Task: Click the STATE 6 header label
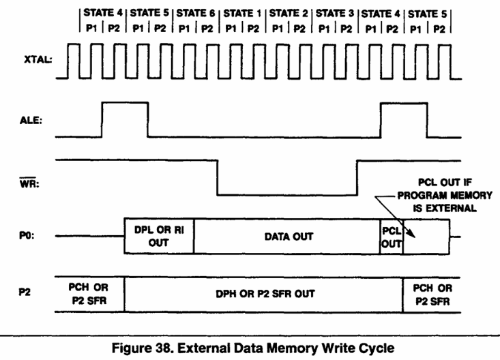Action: pyautogui.click(x=196, y=13)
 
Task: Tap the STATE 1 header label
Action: pyautogui.click(x=242, y=14)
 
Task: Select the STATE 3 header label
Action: pyautogui.click(x=335, y=14)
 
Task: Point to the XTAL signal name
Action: pyautogui.click(x=38, y=59)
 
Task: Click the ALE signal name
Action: pyautogui.click(x=31, y=120)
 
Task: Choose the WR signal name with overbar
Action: pyautogui.click(x=29, y=183)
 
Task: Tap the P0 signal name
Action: pyautogui.click(x=27, y=236)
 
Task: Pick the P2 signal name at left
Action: pyautogui.click(x=25, y=292)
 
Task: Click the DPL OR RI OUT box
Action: pyautogui.click(x=159, y=237)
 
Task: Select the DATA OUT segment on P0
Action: pyautogui.click(x=287, y=237)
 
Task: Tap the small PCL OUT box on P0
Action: pyautogui.click(x=392, y=237)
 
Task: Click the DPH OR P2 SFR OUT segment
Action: pyautogui.click(x=264, y=295)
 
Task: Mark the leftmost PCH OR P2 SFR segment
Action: pyautogui.click(x=89, y=295)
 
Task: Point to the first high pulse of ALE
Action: pyautogui.click(x=125, y=103)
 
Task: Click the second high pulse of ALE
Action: pyautogui.click(x=404, y=104)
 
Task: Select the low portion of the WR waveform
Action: pyautogui.click(x=287, y=194)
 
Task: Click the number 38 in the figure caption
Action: pyautogui.click(x=164, y=348)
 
